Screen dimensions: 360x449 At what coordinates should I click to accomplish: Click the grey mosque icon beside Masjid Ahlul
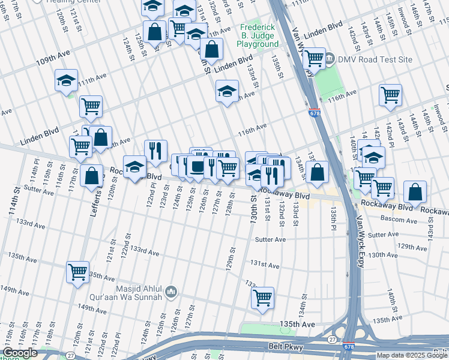click(172, 292)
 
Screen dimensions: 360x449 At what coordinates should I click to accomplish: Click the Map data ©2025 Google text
click(412, 355)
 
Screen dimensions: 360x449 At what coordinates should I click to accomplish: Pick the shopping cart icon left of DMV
click(315, 59)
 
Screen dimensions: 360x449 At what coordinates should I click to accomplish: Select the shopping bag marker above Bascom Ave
click(415, 192)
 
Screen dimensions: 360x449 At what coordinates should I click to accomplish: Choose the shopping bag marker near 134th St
click(317, 172)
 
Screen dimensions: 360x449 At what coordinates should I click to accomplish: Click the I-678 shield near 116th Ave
click(314, 112)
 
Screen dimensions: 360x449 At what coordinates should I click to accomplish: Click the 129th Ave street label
click(413, 247)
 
